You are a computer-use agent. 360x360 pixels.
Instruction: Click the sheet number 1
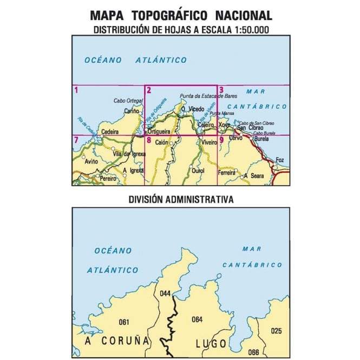point(76,90)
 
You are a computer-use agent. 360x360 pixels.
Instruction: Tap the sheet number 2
point(148,90)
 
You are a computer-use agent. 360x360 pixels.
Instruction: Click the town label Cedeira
point(110,132)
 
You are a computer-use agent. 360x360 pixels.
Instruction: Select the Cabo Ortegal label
point(128,101)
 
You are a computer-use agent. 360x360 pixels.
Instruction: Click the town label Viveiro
point(209,142)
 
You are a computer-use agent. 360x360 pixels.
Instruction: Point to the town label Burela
point(261,139)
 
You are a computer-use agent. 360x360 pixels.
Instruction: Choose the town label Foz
point(280,160)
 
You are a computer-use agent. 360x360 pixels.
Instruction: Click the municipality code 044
point(165,294)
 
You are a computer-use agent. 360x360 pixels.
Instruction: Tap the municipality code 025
point(276,331)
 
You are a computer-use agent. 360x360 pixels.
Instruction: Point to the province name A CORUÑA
point(116,341)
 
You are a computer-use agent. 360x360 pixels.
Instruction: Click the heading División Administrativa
point(181,199)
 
